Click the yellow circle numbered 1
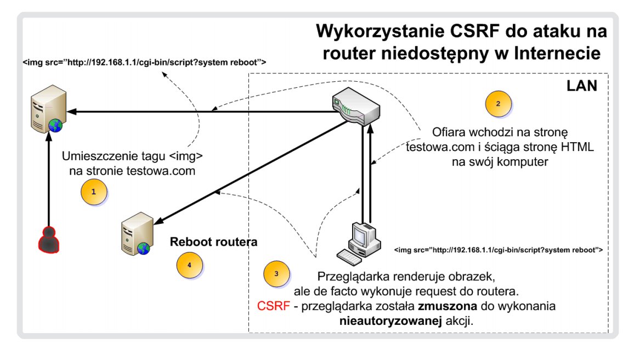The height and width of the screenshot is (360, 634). (x=93, y=192)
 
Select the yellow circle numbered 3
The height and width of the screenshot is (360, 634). (x=276, y=273)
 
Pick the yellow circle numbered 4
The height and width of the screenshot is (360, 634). (x=189, y=265)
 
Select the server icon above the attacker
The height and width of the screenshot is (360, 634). (x=46, y=110)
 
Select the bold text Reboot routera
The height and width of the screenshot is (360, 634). (x=213, y=241)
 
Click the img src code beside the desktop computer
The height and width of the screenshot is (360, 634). (x=498, y=250)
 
